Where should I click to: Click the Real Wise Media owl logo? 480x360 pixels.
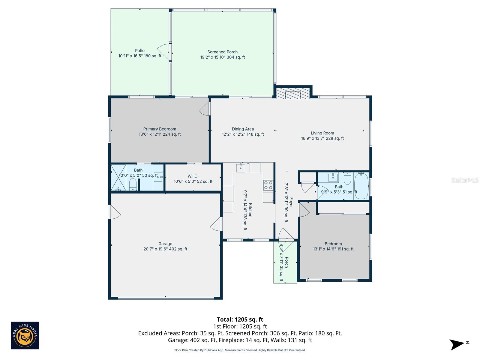point(25,335)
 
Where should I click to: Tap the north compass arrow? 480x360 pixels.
point(457,344)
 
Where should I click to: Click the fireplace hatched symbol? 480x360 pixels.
point(292,94)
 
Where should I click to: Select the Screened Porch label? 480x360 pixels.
point(222,52)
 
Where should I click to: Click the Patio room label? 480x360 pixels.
point(139,51)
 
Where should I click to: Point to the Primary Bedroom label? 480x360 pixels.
point(160,129)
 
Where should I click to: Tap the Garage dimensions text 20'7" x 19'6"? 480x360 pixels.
point(165,249)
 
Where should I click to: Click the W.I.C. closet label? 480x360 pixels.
point(193,176)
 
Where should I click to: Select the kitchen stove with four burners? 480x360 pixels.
point(268,185)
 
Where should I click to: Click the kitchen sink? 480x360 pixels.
point(241,168)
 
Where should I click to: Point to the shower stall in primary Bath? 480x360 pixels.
point(118,177)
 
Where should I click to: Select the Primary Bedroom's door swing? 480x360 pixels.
point(205,109)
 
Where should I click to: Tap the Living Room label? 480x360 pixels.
point(322,133)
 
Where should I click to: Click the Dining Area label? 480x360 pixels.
point(243,129)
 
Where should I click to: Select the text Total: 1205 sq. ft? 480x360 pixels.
point(240,319)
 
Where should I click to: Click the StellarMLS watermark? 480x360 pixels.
point(465,180)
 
